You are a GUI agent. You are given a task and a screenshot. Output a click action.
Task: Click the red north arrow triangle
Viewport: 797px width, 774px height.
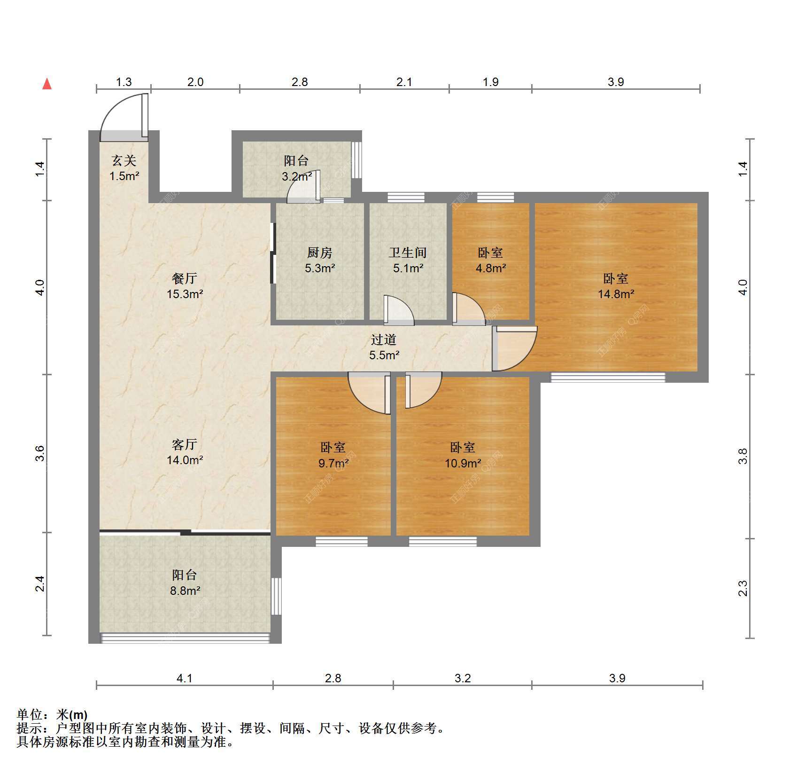[47, 84]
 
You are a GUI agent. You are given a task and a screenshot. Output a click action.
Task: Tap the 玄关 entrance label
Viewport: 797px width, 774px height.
[124, 161]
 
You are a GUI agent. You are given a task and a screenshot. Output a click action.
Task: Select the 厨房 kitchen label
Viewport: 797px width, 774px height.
[320, 253]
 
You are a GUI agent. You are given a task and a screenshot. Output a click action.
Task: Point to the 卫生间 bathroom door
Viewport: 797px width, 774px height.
[399, 310]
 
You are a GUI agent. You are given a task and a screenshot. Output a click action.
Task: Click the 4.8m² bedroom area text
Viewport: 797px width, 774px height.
[490, 269]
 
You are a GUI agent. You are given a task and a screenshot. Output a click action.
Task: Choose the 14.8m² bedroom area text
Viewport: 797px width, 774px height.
[616, 294]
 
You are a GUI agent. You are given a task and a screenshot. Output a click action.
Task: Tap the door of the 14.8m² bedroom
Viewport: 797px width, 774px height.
[514, 348]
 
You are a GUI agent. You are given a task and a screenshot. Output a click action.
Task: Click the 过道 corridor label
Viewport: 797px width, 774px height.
[384, 340]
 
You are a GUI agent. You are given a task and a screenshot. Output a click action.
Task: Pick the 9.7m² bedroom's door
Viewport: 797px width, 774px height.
[370, 393]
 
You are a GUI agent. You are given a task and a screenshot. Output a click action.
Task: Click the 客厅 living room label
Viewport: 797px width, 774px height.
[185, 444]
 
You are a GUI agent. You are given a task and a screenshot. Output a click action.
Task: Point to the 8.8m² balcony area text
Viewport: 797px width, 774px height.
[186, 591]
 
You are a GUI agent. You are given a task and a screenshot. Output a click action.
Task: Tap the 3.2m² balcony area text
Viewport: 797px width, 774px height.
[297, 177]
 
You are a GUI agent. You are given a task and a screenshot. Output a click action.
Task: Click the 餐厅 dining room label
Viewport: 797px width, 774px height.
[185, 278]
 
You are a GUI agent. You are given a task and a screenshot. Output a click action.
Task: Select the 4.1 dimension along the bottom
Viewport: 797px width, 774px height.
[185, 678]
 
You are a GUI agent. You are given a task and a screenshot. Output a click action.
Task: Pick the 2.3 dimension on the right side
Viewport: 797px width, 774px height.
[743, 588]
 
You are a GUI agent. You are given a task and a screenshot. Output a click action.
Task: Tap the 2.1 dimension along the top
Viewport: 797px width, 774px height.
[404, 82]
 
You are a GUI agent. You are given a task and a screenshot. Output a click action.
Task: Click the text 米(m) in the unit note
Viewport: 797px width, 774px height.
[72, 715]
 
